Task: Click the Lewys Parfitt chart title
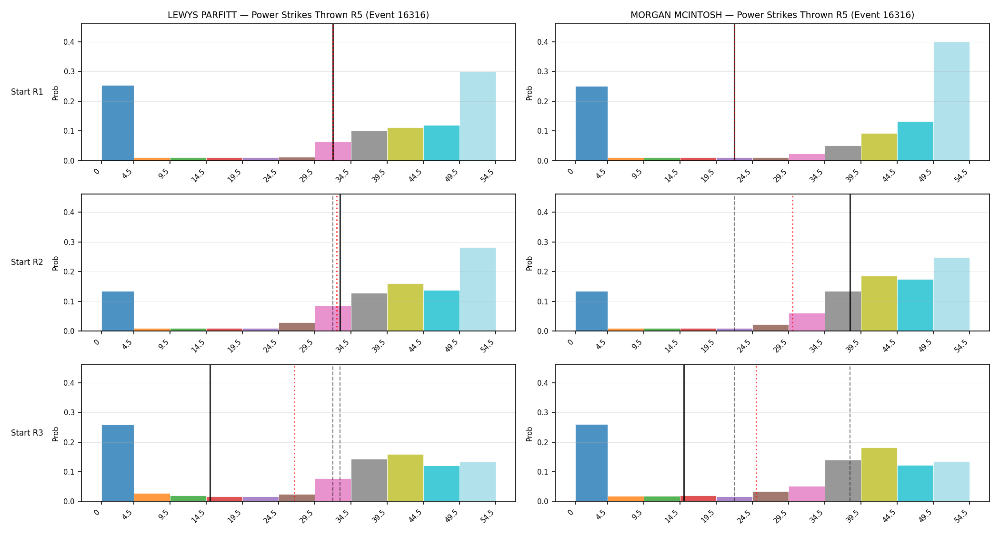tap(298, 15)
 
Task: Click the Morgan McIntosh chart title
tap(772, 15)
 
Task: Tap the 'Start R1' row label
tap(27, 92)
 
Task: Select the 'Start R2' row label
tap(27, 262)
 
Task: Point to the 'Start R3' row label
tap(27, 433)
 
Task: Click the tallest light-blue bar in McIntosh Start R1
tap(951, 101)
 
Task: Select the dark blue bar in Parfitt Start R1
tap(118, 123)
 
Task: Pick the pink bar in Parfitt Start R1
tap(333, 151)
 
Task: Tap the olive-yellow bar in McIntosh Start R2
tap(879, 303)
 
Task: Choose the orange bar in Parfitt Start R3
tap(152, 497)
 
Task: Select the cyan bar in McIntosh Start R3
tap(915, 483)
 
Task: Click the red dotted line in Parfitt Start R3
tap(294, 433)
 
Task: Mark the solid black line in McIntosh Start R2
tap(850, 263)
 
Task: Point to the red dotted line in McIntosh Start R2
tap(792, 263)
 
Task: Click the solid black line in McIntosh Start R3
tap(684, 433)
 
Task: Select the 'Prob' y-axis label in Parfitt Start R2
tap(56, 263)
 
